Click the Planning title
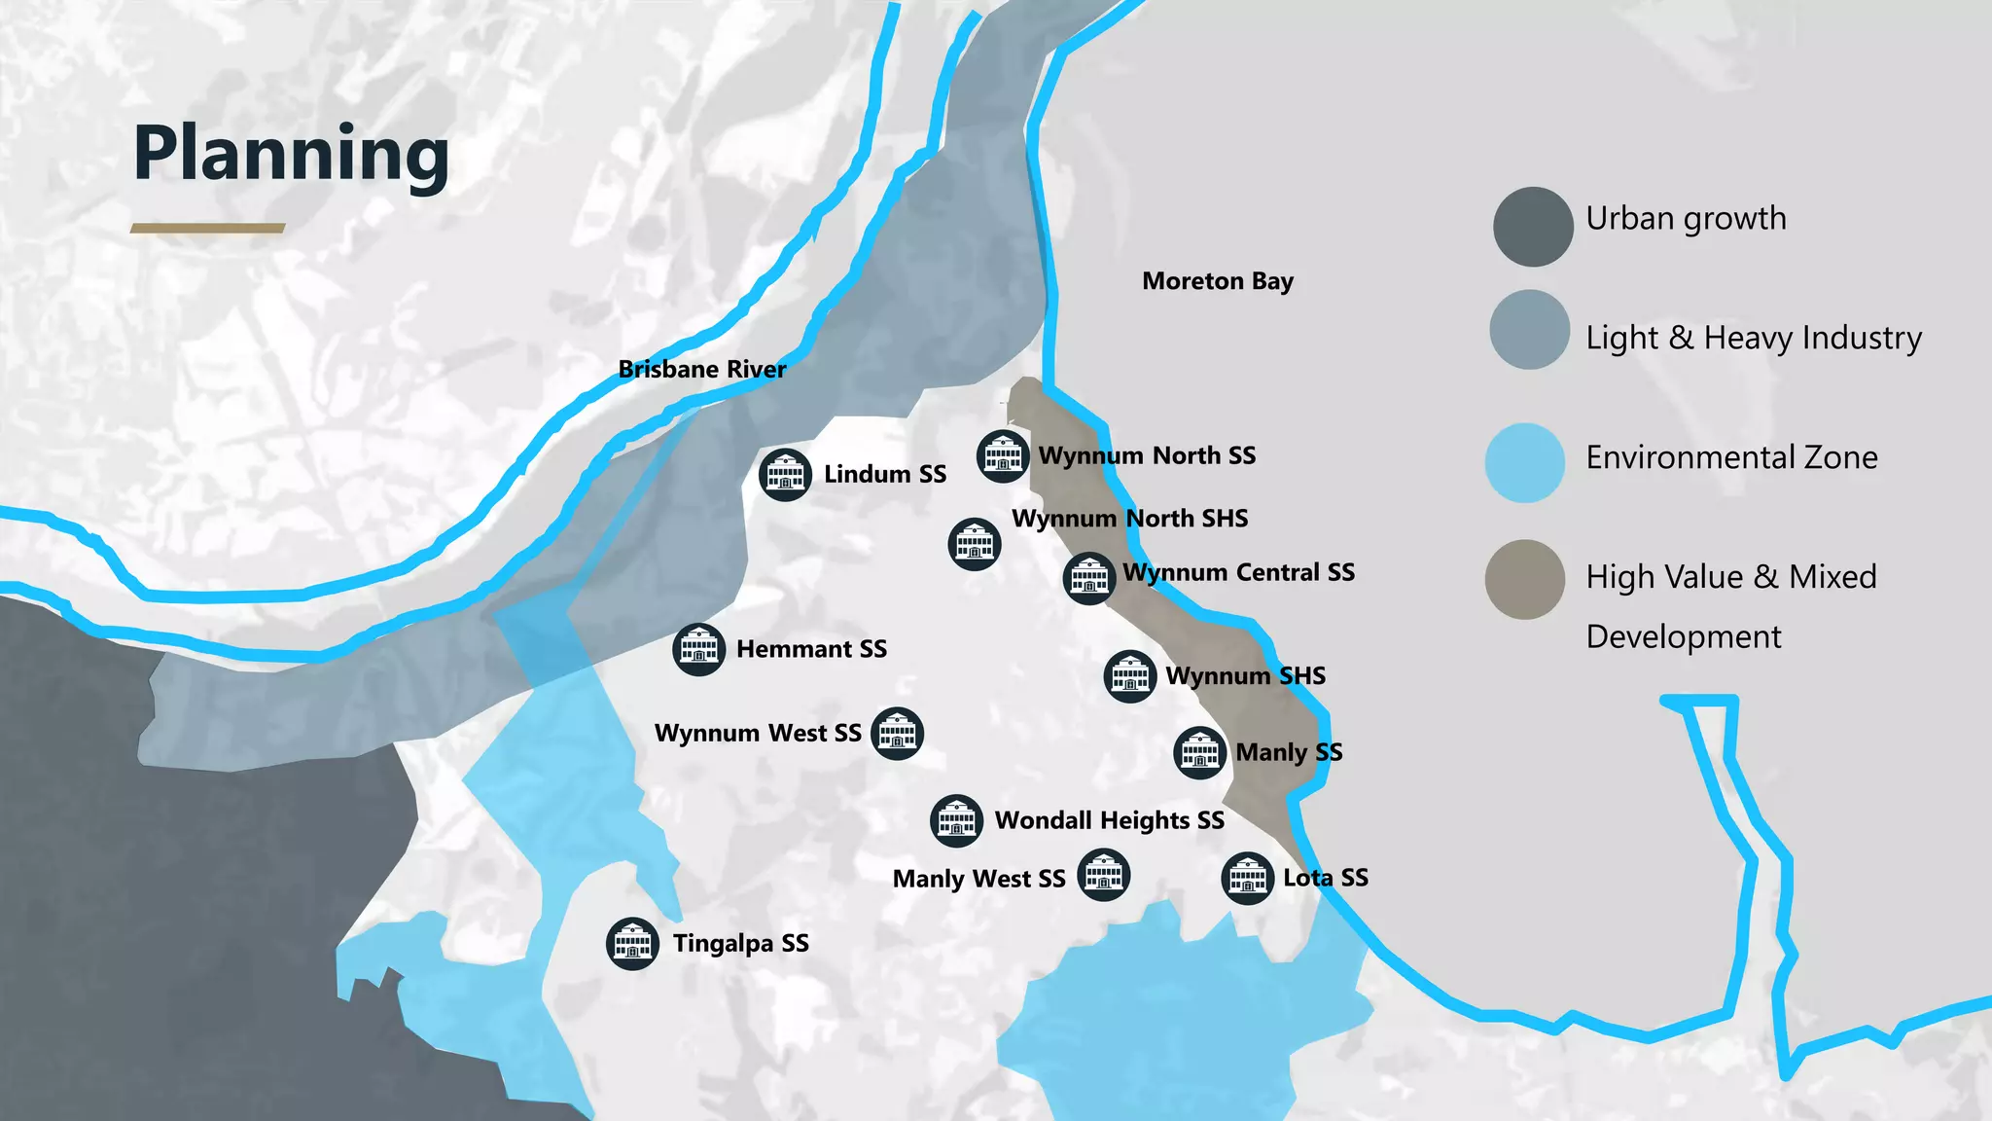[x=291, y=154]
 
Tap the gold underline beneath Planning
[x=207, y=229]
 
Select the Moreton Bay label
[x=1217, y=281]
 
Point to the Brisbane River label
[x=701, y=369]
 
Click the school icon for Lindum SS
[x=785, y=475]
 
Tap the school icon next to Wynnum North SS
[x=1003, y=455]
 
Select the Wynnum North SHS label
[x=1129, y=519]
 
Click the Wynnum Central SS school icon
[x=1088, y=578]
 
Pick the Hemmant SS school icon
[x=698, y=649]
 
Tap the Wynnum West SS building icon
[x=897, y=734]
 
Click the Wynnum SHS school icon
[x=1130, y=675]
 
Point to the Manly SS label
[x=1289, y=752]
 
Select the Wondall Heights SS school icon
[x=956, y=820]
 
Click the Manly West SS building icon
[x=1104, y=875]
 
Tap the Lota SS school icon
[x=1247, y=879]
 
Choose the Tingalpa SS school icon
[x=632, y=944]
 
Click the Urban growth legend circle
[x=1533, y=227]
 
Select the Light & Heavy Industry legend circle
[x=1529, y=330]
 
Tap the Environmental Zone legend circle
[x=1525, y=463]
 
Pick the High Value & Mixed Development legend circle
[x=1525, y=580]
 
